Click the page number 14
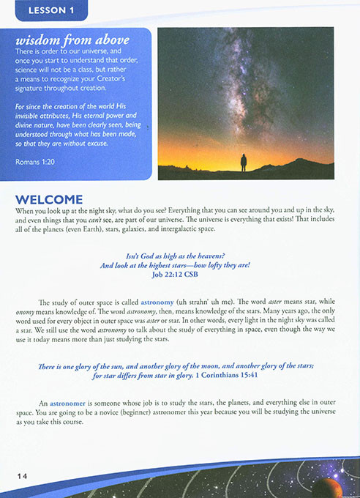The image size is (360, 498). pyautogui.click(x=23, y=476)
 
